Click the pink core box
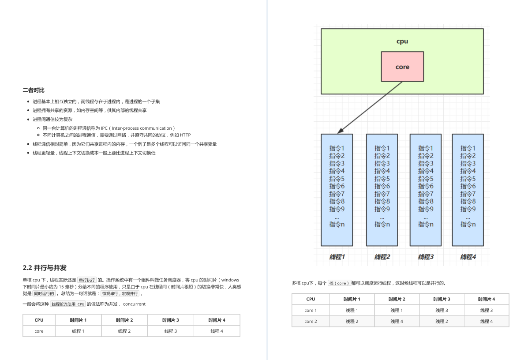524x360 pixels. [402, 67]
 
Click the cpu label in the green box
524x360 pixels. [402, 41]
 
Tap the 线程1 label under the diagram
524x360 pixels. [337, 257]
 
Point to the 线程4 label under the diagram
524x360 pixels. [468, 257]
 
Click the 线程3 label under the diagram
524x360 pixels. [426, 257]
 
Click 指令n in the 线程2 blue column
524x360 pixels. [382, 224]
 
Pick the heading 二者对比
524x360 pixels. [34, 90]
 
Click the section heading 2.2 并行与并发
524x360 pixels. [45, 268]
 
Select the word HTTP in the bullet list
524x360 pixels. [185, 135]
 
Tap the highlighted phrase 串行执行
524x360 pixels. [87, 280]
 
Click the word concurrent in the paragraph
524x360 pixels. [134, 304]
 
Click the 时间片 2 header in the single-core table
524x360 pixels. [124, 320]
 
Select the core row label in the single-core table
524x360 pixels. [39, 331]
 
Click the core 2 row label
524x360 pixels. [311, 321]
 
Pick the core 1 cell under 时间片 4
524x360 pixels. [486, 310]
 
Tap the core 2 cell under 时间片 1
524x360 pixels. [352, 321]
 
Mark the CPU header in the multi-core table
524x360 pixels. [311, 299]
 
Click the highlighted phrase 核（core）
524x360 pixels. [339, 283]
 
